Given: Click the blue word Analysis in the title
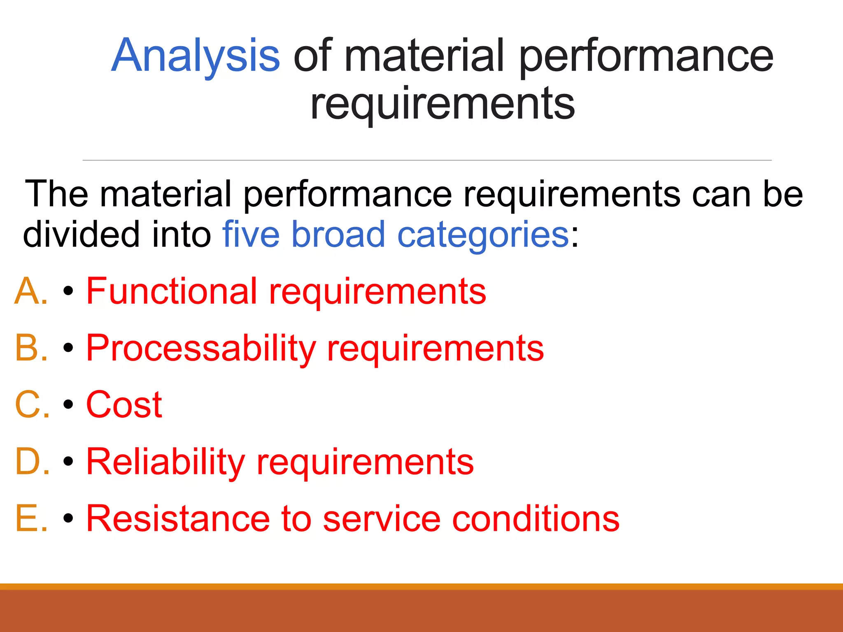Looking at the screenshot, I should [x=196, y=56].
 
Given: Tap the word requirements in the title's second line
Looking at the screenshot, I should [x=442, y=104].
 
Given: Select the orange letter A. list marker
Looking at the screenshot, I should [x=31, y=291].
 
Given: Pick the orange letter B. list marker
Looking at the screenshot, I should [x=31, y=348].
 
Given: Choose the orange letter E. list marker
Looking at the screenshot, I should [x=31, y=518].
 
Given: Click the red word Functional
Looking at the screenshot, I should [x=172, y=291].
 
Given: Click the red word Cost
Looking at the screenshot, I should [x=124, y=405].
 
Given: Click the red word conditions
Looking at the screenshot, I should [x=536, y=518].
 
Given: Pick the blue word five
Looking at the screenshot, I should [x=251, y=235].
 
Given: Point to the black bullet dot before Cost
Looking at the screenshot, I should [x=68, y=405].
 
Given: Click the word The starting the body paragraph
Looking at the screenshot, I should [x=56, y=194].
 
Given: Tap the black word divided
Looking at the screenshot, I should [x=81, y=235].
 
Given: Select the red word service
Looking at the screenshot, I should [x=382, y=518].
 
